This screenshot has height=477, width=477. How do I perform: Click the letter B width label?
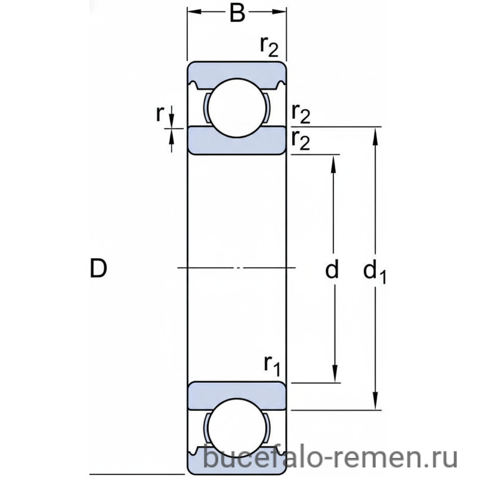coord(237,13)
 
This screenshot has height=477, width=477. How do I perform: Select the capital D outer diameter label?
coord(98,269)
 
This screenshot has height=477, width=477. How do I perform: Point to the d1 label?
coord(375,272)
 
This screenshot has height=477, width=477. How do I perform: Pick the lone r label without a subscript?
coord(160,114)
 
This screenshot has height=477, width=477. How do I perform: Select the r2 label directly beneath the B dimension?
coord(269,46)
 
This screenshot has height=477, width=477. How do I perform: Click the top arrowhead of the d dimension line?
coord(334,160)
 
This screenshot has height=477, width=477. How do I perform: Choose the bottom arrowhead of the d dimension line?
coord(334,376)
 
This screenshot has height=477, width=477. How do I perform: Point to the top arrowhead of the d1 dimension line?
coord(376,132)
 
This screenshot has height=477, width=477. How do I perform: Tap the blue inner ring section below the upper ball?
coord(237,140)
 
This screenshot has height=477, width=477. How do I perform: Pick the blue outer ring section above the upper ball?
coord(237,70)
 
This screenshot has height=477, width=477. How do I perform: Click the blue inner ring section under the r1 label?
coord(237,395)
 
